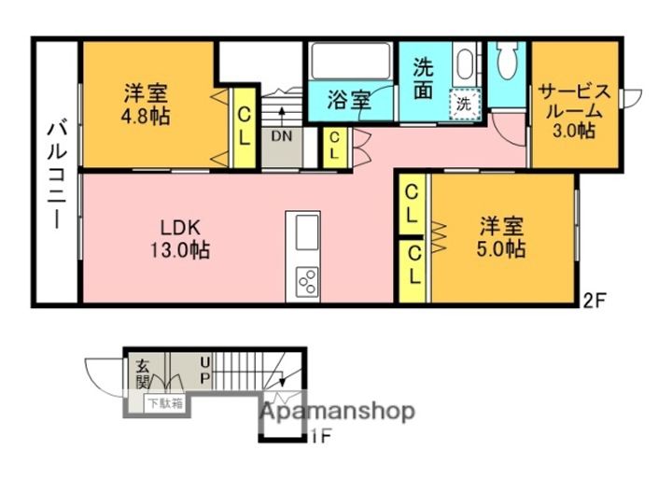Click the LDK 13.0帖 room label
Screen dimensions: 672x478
point(180,238)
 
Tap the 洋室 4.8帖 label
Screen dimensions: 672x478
point(146,105)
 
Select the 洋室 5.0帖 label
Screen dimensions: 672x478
point(501,237)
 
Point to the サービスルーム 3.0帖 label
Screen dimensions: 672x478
point(573,111)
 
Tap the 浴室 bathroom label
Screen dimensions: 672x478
point(349,100)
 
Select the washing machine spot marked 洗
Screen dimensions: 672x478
point(464,104)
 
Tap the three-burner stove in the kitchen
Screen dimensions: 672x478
point(308,281)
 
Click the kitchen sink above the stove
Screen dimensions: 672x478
point(307,232)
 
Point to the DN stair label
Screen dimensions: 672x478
point(282,136)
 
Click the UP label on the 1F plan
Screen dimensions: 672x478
point(205,371)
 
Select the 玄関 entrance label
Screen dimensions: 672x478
point(142,373)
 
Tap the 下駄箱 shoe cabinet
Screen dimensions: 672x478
point(165,404)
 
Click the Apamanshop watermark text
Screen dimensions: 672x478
point(337,412)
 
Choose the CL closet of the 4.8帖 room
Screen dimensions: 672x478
point(243,127)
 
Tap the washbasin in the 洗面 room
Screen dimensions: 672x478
point(464,63)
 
